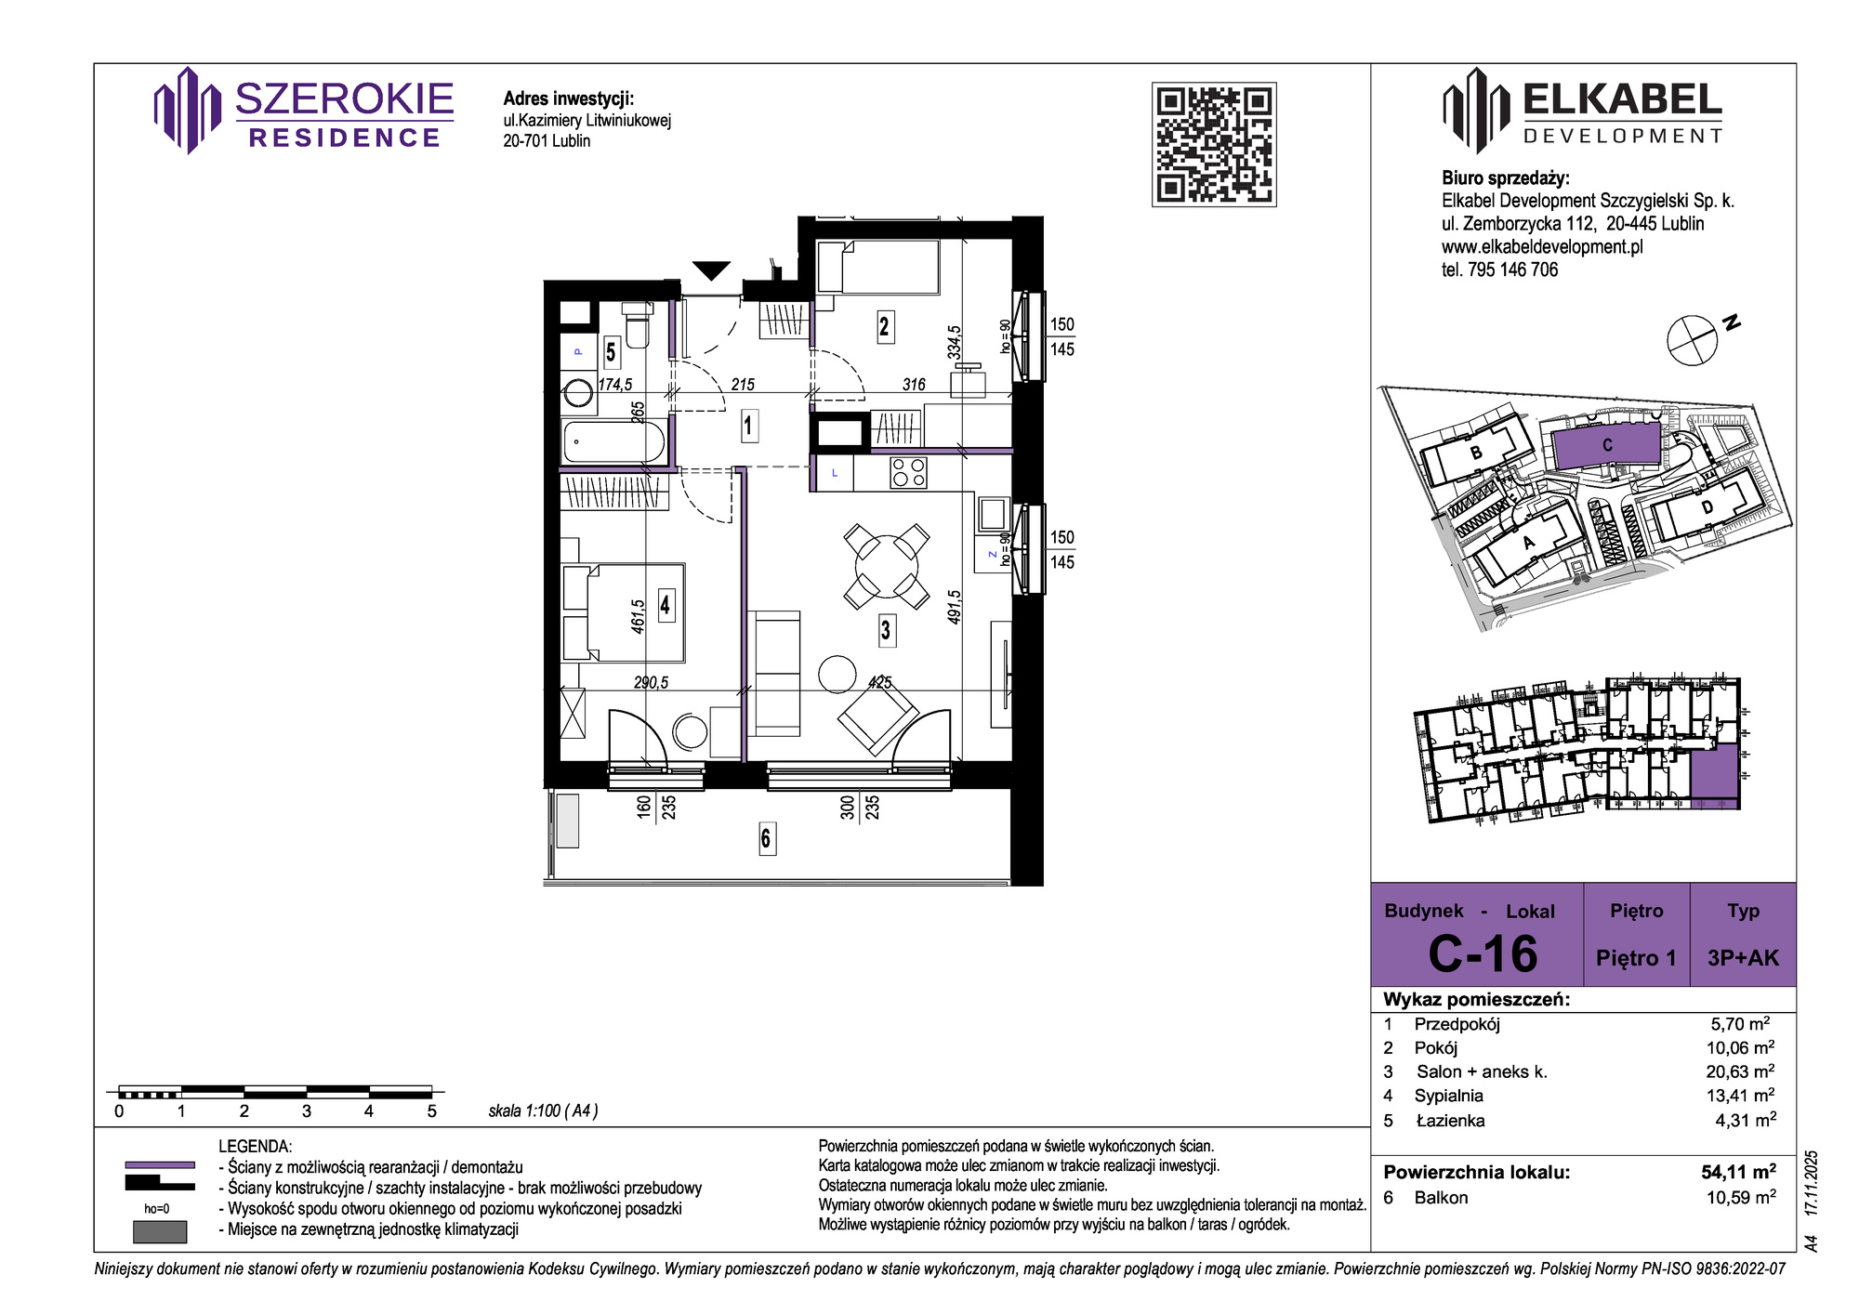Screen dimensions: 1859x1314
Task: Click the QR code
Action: [x=1214, y=144]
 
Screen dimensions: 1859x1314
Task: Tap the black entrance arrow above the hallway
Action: [x=711, y=270]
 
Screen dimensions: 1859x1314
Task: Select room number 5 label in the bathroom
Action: [x=611, y=352]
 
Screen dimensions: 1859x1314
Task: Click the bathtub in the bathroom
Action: [x=614, y=441]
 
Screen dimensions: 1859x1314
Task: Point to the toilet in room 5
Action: [x=637, y=325]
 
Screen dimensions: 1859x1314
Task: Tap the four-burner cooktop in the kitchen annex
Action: [x=908, y=472]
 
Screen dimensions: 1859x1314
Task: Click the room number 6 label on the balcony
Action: [x=766, y=838]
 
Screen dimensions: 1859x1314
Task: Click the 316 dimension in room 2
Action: [x=914, y=385]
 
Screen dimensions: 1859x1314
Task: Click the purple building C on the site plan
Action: [x=1607, y=446]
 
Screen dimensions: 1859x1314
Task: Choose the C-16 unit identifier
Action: [x=1483, y=953]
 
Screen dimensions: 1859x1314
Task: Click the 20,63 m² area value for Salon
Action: [x=1740, y=1071]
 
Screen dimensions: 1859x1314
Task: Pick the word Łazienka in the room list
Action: [x=1450, y=1121]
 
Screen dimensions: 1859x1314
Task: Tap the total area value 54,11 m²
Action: [x=1738, y=1172]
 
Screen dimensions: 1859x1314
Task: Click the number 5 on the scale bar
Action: [x=431, y=1111]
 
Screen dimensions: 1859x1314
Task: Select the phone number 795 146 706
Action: [x=1512, y=269]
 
